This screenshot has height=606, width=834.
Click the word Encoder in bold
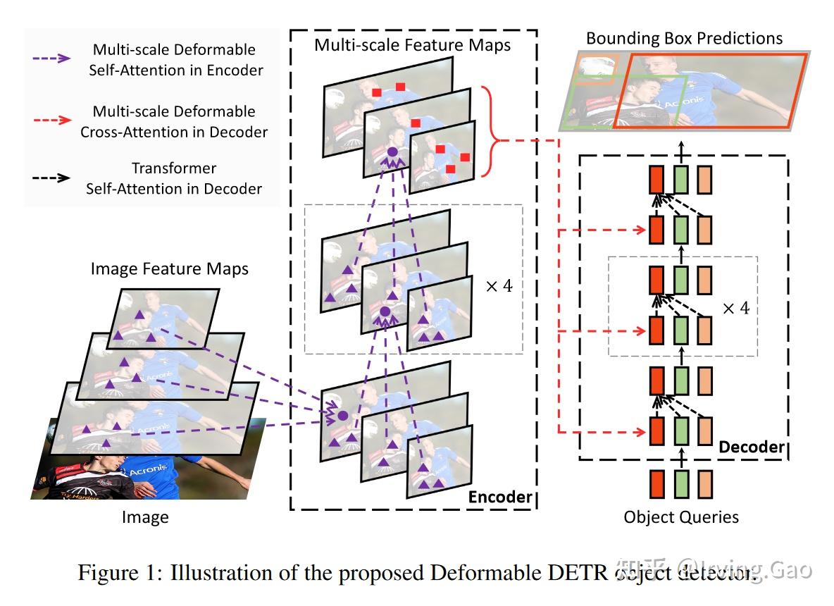500,497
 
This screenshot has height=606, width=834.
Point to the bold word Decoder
752,447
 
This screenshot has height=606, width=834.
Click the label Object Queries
681,517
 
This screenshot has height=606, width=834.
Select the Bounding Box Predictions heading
684,38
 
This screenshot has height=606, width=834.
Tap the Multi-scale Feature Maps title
412,46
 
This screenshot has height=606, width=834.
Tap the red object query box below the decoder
656,485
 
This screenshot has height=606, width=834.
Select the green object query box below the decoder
680,485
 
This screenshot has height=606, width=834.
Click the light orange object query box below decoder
705,485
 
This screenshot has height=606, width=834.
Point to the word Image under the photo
145,518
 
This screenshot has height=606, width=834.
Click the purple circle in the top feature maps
392,152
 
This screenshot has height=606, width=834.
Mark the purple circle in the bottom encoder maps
342,416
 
